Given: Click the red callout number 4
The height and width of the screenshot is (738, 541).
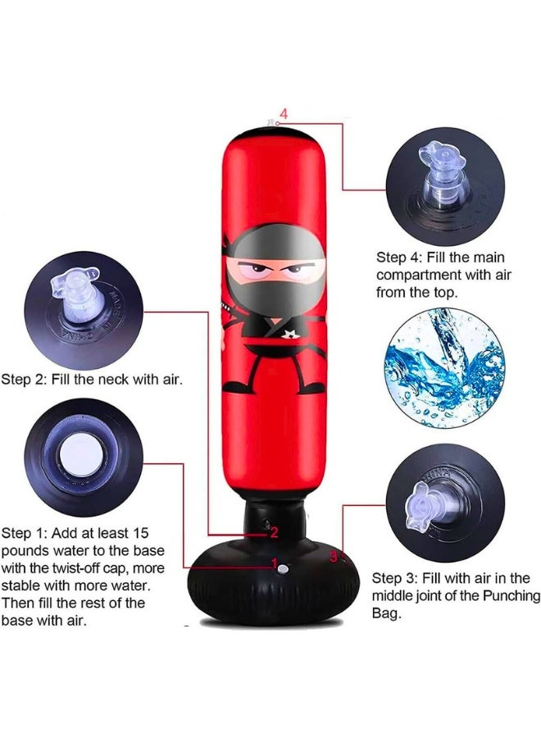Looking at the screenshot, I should click(x=284, y=112).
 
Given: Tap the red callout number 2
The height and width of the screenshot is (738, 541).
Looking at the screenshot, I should click(x=274, y=532).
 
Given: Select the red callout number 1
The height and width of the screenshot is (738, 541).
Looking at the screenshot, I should click(x=275, y=565).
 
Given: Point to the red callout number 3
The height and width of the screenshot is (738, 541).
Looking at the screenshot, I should click(x=333, y=556).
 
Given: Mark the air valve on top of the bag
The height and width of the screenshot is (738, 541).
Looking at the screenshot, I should click(x=269, y=124).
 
